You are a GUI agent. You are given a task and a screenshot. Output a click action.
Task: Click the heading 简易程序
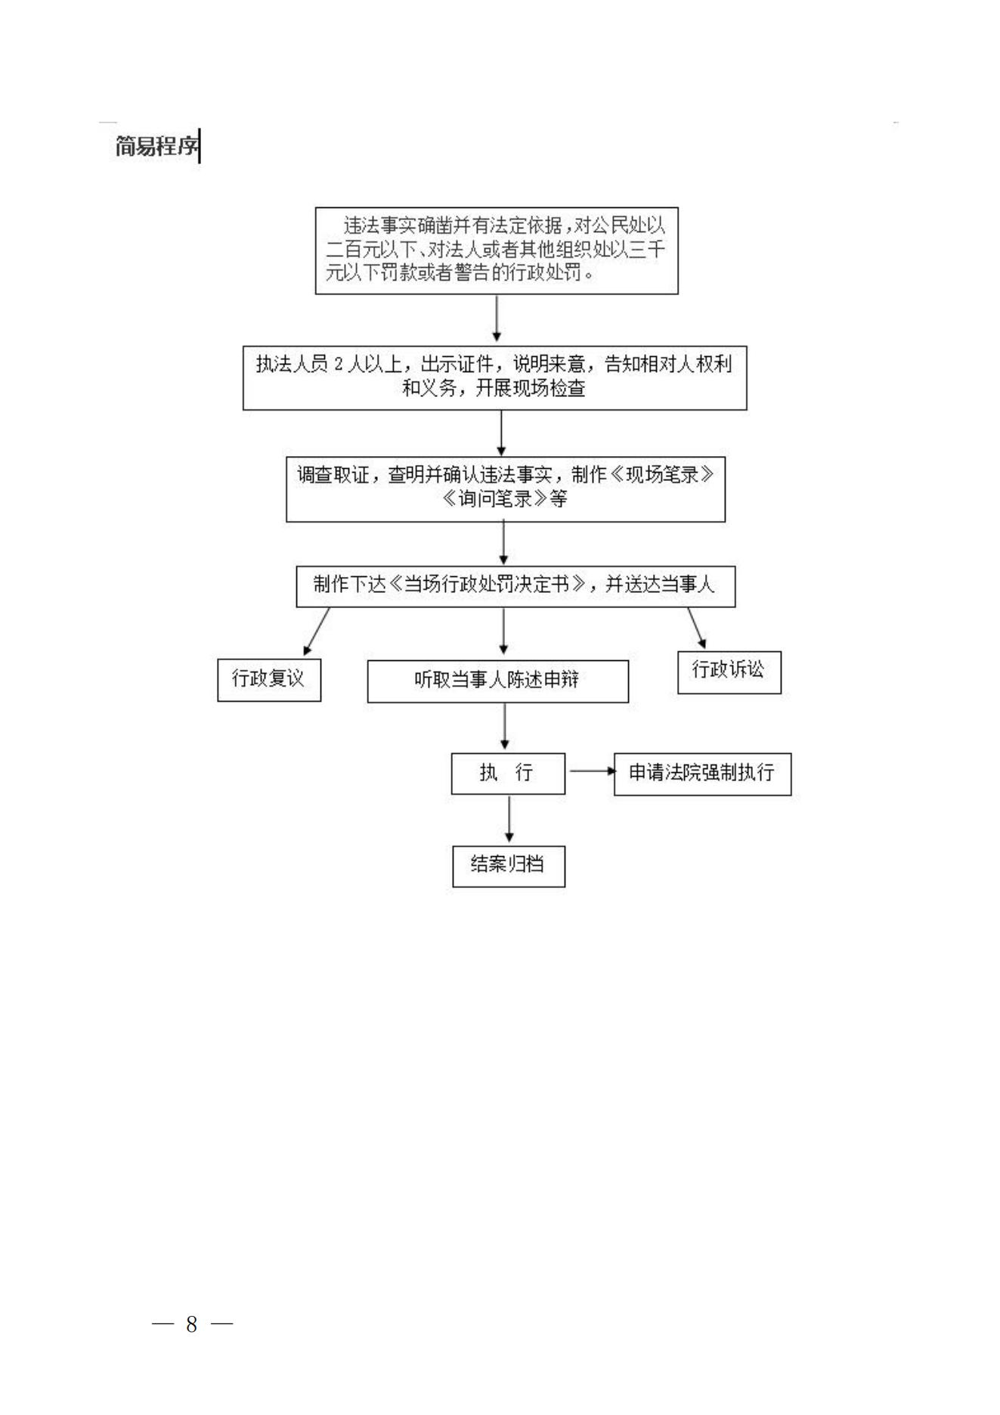[x=156, y=146]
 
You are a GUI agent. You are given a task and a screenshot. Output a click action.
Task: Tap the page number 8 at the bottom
[x=192, y=1323]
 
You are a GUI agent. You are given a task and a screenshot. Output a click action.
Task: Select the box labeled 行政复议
[x=269, y=680]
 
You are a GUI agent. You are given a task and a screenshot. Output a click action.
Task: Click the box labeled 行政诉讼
[x=729, y=672]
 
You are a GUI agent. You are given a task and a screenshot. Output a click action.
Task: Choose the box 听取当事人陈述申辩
[x=497, y=681]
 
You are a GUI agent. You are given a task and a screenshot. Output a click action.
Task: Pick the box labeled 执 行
[x=508, y=773]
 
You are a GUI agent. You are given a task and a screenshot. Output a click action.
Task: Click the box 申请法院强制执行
[x=702, y=774]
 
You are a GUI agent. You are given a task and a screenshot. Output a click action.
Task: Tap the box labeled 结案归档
[x=509, y=865]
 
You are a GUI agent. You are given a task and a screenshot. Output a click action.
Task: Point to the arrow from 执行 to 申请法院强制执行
[x=593, y=771]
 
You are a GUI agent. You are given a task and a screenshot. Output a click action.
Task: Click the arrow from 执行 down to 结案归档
[x=509, y=819]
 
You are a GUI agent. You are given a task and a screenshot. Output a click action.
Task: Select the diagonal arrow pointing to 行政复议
[x=317, y=631]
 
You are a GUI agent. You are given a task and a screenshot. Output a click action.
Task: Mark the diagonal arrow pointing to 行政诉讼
[x=696, y=628]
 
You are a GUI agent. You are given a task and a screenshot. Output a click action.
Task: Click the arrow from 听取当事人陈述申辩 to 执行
[x=505, y=726]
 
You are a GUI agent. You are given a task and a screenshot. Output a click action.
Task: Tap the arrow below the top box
[x=497, y=318]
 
